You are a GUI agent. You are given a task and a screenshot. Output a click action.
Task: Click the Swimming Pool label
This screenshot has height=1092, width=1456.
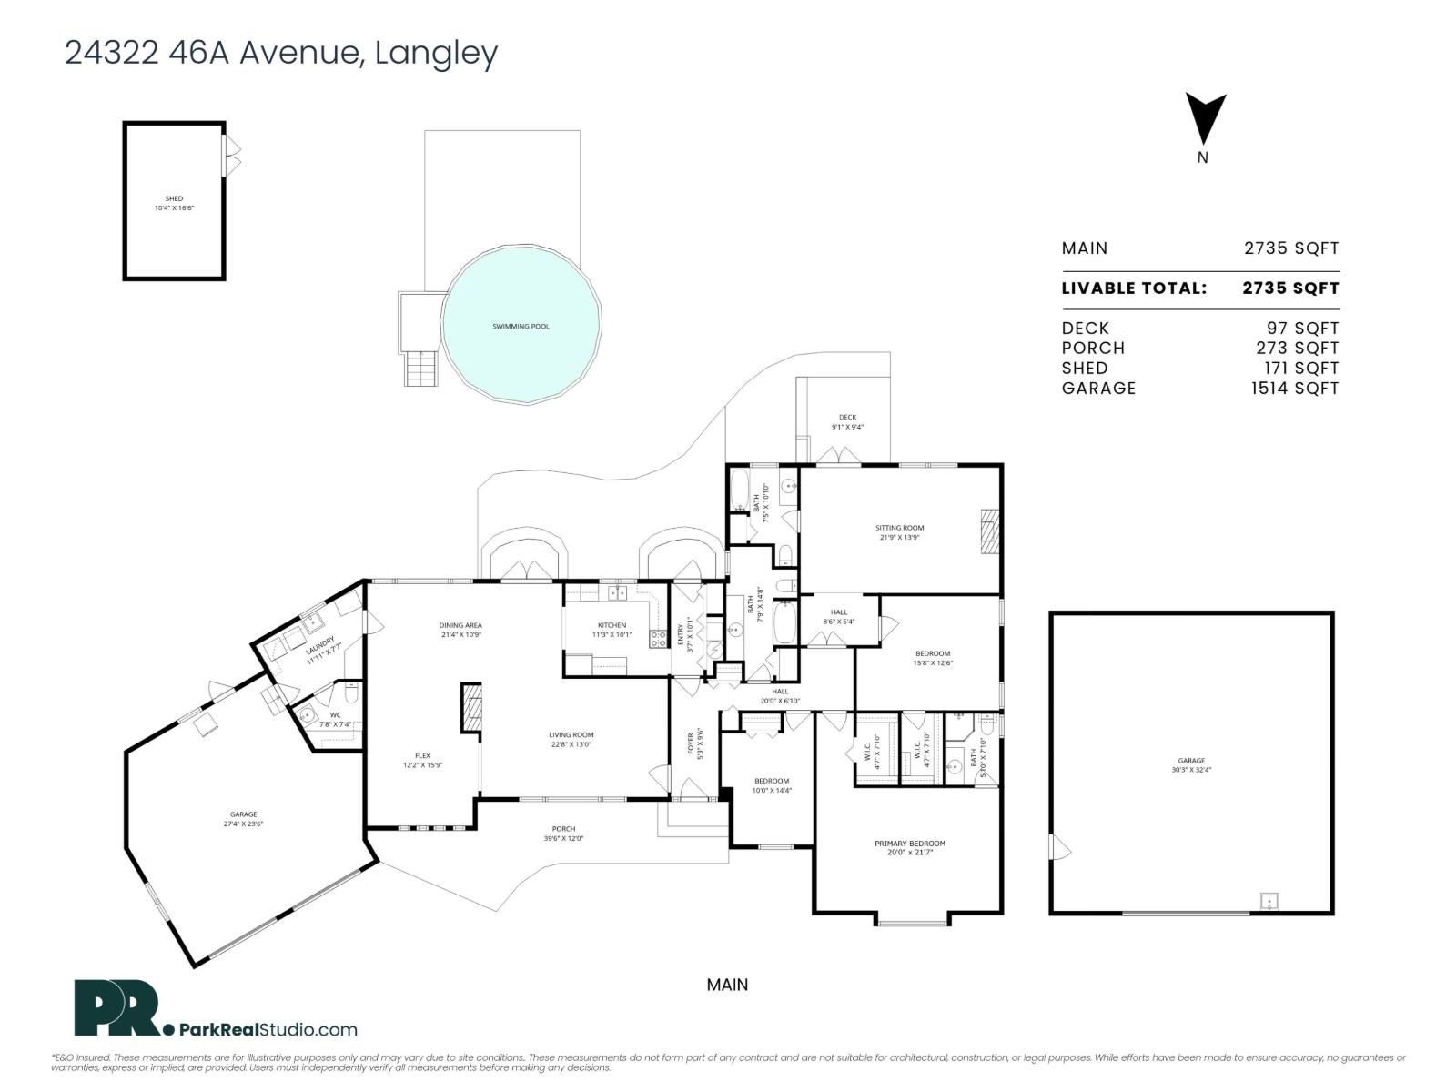(521, 327)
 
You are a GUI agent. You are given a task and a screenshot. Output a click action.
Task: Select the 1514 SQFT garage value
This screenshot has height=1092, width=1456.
(1294, 388)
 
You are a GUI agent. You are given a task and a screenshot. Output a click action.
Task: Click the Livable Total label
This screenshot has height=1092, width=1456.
(1134, 288)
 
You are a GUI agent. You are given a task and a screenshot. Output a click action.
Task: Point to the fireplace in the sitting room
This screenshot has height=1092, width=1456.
(989, 532)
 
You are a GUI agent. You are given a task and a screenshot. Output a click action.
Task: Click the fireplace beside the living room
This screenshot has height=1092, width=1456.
(470, 707)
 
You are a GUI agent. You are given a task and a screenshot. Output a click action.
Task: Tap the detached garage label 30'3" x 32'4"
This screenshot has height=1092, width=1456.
(1191, 765)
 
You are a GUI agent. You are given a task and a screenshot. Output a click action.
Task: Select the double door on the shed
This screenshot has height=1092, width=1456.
(233, 156)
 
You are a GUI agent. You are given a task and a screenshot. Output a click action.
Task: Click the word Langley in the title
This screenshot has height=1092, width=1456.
(436, 53)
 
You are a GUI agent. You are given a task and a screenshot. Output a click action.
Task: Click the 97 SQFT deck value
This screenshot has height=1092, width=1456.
(1302, 328)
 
